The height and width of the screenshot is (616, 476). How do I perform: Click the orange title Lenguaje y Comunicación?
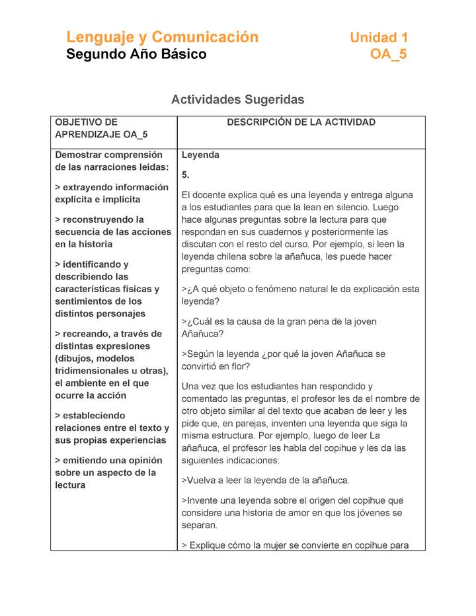coord(162,37)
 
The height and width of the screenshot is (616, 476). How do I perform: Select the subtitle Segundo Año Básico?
coord(136,54)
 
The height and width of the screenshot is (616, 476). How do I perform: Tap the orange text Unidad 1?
coord(378,38)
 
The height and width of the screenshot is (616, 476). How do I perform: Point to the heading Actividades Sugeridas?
coord(237,100)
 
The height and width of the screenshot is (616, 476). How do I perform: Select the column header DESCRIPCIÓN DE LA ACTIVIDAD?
coord(301,122)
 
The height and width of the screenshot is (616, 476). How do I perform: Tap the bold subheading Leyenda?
coord(200,155)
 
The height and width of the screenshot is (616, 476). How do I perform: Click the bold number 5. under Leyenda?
coord(185,175)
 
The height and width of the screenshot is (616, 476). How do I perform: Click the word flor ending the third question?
coord(241,366)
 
